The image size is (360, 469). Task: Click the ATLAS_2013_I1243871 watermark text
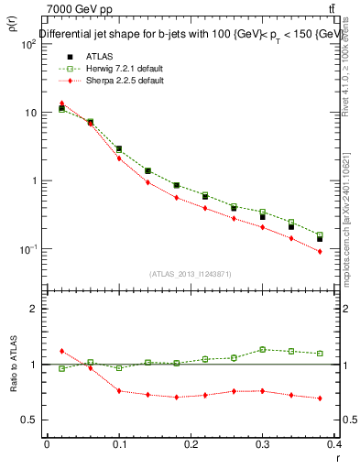pyautogui.click(x=191, y=274)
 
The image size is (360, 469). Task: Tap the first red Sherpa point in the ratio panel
pyautogui.click(x=61, y=351)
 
